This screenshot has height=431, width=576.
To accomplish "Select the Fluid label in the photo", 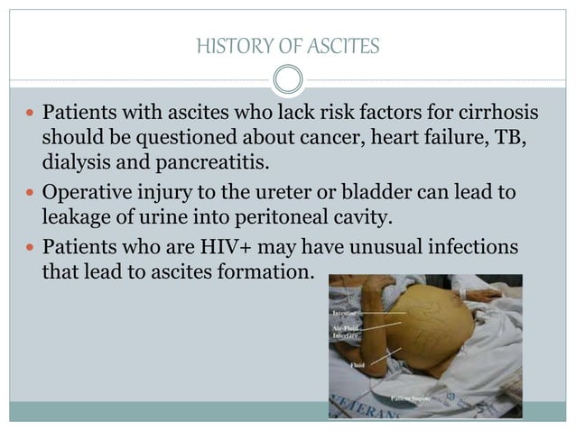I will coord(358,366).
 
